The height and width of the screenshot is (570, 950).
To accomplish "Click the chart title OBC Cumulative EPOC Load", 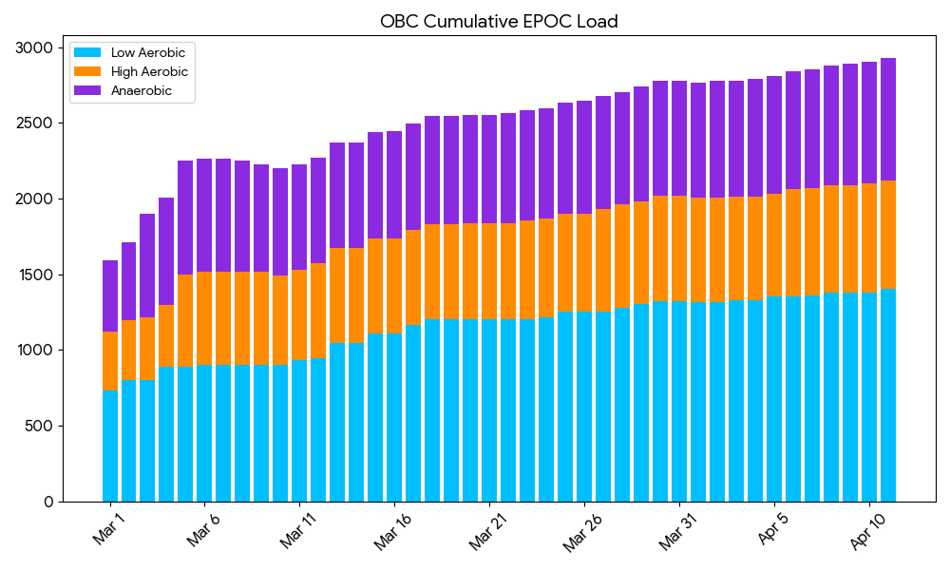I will tap(499, 21).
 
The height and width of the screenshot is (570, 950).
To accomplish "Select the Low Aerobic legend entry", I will tap(147, 52).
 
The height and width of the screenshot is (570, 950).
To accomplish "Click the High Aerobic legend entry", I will tap(149, 71).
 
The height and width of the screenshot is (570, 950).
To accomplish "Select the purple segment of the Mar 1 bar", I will tap(110, 295).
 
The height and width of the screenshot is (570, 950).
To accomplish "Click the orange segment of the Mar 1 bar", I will tap(110, 361).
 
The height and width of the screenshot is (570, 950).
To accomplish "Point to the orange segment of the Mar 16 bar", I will tap(394, 286).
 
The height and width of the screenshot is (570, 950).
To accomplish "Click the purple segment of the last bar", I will tap(888, 119).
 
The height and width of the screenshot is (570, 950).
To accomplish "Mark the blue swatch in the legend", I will tap(87, 52).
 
